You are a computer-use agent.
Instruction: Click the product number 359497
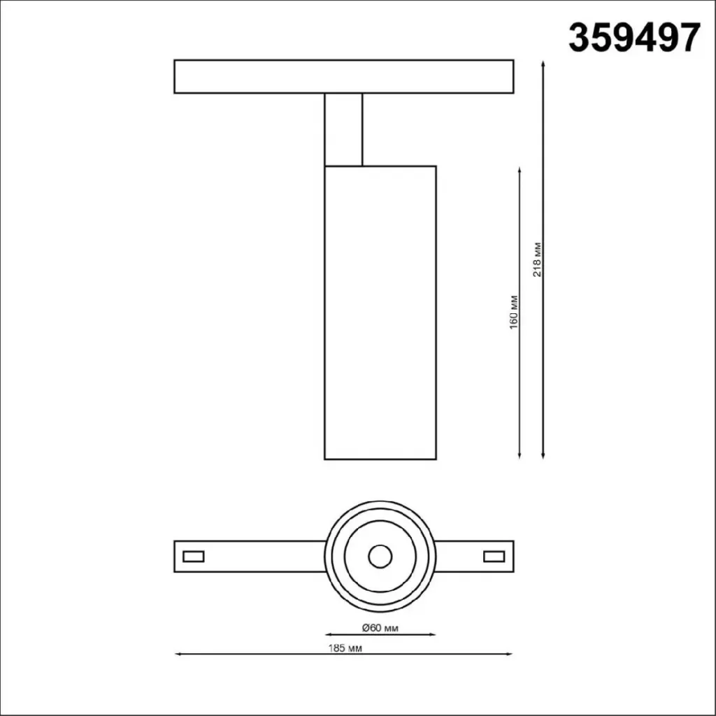tap(633, 39)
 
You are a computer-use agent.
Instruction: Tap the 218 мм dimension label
tap(537, 259)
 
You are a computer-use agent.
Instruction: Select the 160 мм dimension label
tap(514, 313)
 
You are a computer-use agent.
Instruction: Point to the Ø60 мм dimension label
tap(380, 628)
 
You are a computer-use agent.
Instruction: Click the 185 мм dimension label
tap(345, 648)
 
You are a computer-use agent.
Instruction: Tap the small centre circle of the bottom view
tap(380, 557)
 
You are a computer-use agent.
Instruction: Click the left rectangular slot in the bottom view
tap(193, 556)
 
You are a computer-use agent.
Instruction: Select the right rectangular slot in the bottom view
tap(494, 556)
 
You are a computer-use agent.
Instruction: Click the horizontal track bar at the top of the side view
tap(344, 76)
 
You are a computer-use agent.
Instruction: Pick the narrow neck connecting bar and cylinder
tap(343, 129)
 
